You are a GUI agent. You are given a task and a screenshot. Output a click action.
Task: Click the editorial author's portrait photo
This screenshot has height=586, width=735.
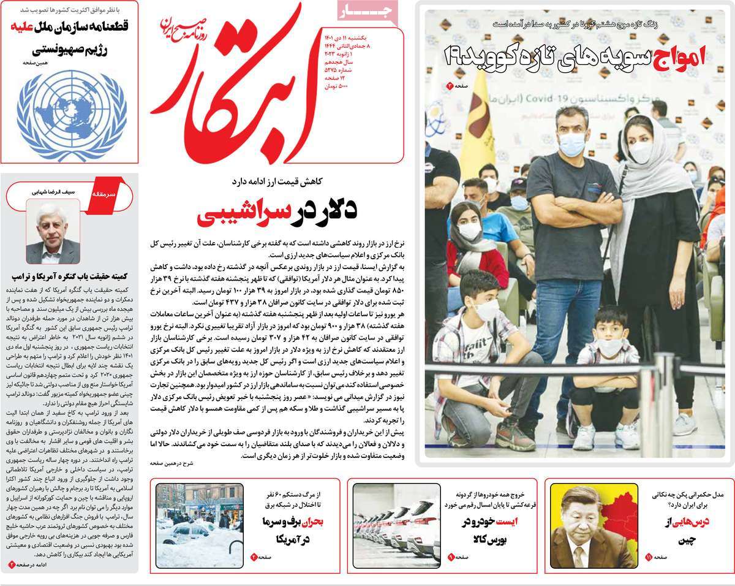53,231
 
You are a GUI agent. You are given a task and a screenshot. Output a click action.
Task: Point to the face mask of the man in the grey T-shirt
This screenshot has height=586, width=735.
573,143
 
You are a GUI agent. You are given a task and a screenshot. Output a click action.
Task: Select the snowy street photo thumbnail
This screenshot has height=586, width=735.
198,525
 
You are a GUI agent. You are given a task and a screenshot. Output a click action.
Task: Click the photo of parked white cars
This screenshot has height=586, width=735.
396,525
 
